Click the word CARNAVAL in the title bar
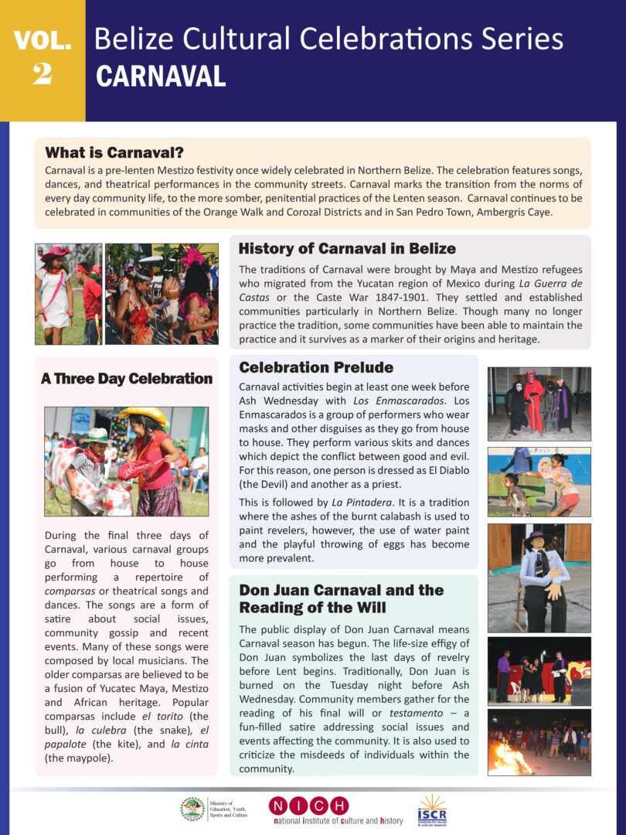click(x=161, y=77)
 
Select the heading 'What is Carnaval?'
click(x=114, y=152)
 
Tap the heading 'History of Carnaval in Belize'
click(x=347, y=249)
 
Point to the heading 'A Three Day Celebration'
click(x=127, y=379)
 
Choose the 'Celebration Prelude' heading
click(x=316, y=367)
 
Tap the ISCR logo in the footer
click(x=432, y=809)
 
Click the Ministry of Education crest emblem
click(x=192, y=809)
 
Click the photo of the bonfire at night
click(x=539, y=742)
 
